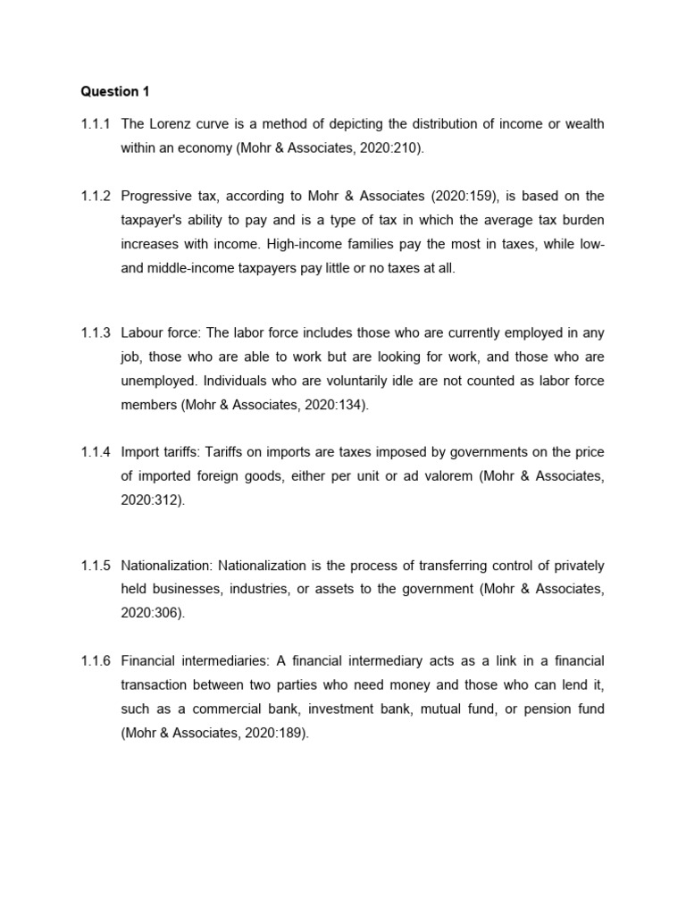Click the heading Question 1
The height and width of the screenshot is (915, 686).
(x=110, y=91)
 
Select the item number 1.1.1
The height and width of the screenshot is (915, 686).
(x=95, y=124)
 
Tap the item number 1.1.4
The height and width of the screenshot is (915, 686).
(x=95, y=453)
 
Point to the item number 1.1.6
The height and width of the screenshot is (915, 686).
(x=95, y=661)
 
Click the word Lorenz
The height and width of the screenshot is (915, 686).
(x=174, y=124)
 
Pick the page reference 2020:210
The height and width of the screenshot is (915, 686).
(x=385, y=148)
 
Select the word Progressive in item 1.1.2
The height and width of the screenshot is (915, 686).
(x=153, y=196)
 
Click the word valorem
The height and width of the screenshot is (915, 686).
(x=443, y=477)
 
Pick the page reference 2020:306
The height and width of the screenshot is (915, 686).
(x=151, y=614)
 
